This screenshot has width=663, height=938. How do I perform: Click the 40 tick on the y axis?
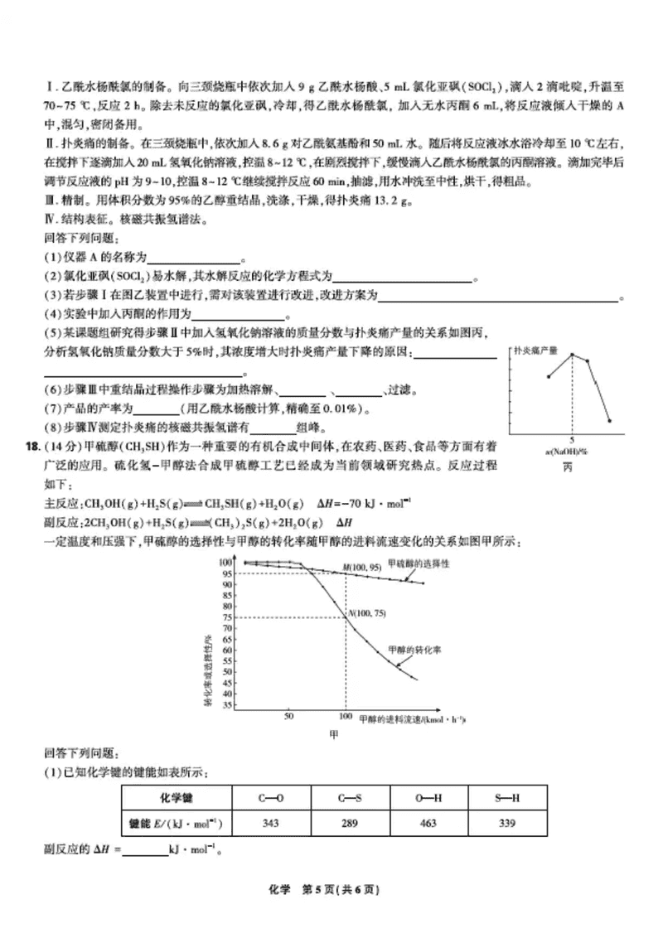(x=225, y=694)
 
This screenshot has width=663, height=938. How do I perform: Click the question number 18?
(x=32, y=447)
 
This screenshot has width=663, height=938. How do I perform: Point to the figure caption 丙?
(x=568, y=466)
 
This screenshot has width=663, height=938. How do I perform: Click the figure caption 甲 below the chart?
(x=336, y=734)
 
